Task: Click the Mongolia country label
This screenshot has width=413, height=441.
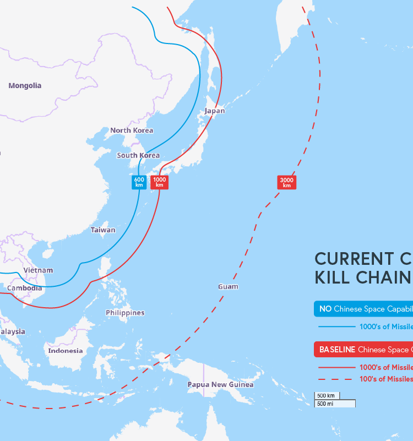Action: coord(25,85)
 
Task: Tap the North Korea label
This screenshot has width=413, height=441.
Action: coord(132,130)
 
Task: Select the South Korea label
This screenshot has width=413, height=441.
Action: coord(138,155)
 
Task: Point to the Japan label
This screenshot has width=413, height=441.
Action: coord(215,111)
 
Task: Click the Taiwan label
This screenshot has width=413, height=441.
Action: coord(103,230)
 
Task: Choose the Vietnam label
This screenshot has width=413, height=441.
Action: coord(38,270)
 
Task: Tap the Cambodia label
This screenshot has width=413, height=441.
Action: coord(24,288)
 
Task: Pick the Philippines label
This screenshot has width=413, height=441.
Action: coord(125,313)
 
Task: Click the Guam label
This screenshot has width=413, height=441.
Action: coord(228,286)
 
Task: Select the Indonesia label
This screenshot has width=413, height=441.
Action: coord(65,351)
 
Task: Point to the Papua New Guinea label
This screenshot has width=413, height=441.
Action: coord(220,384)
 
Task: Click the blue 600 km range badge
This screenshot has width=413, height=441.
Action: coord(139,182)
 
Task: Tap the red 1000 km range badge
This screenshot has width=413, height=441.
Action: coord(159,182)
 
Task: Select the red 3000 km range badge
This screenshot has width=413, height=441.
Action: coord(286,182)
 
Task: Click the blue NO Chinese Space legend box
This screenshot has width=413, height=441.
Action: coord(363,309)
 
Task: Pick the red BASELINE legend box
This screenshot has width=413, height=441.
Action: coord(363,350)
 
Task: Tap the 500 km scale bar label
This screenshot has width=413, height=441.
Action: coord(327,395)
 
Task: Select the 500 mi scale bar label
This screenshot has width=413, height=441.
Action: coord(326,404)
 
